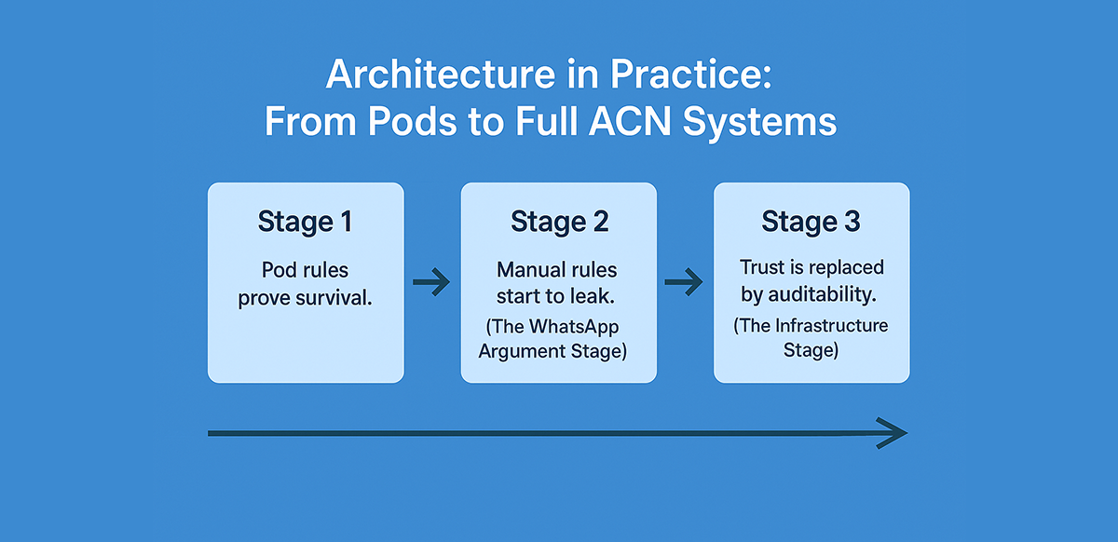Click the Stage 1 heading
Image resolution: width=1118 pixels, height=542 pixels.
click(306, 223)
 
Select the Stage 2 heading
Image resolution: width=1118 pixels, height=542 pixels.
click(559, 222)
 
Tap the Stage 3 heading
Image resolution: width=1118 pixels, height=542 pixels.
click(811, 222)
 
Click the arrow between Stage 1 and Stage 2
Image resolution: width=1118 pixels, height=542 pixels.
click(431, 283)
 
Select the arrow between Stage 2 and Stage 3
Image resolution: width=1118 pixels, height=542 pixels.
click(684, 282)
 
